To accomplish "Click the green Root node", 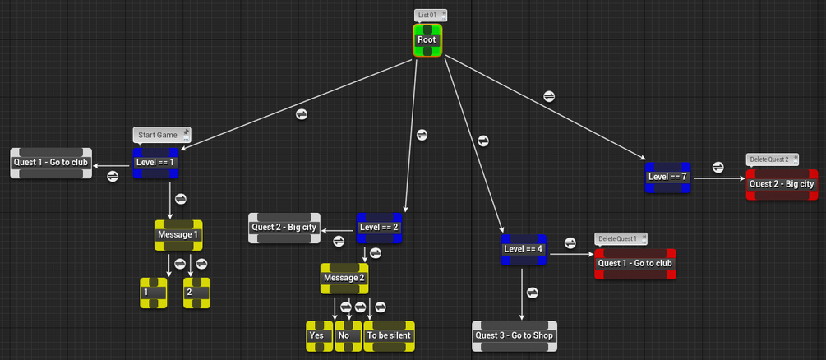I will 427,40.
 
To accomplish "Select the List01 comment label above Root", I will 430,15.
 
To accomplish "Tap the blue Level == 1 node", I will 156,163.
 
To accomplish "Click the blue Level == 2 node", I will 380,228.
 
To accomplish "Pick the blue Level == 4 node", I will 524,249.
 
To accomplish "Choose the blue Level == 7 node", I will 667,177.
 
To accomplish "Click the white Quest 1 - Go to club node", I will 51,163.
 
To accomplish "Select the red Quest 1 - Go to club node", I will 635,264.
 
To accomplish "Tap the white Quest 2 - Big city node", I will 284,228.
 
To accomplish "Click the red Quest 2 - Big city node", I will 782,184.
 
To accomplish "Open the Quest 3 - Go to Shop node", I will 515,335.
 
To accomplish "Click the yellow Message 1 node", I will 178,235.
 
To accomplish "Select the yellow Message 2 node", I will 344,278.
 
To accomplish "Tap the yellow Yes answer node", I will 319,335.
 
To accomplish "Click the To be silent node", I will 389,335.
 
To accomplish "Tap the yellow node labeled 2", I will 196,293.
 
